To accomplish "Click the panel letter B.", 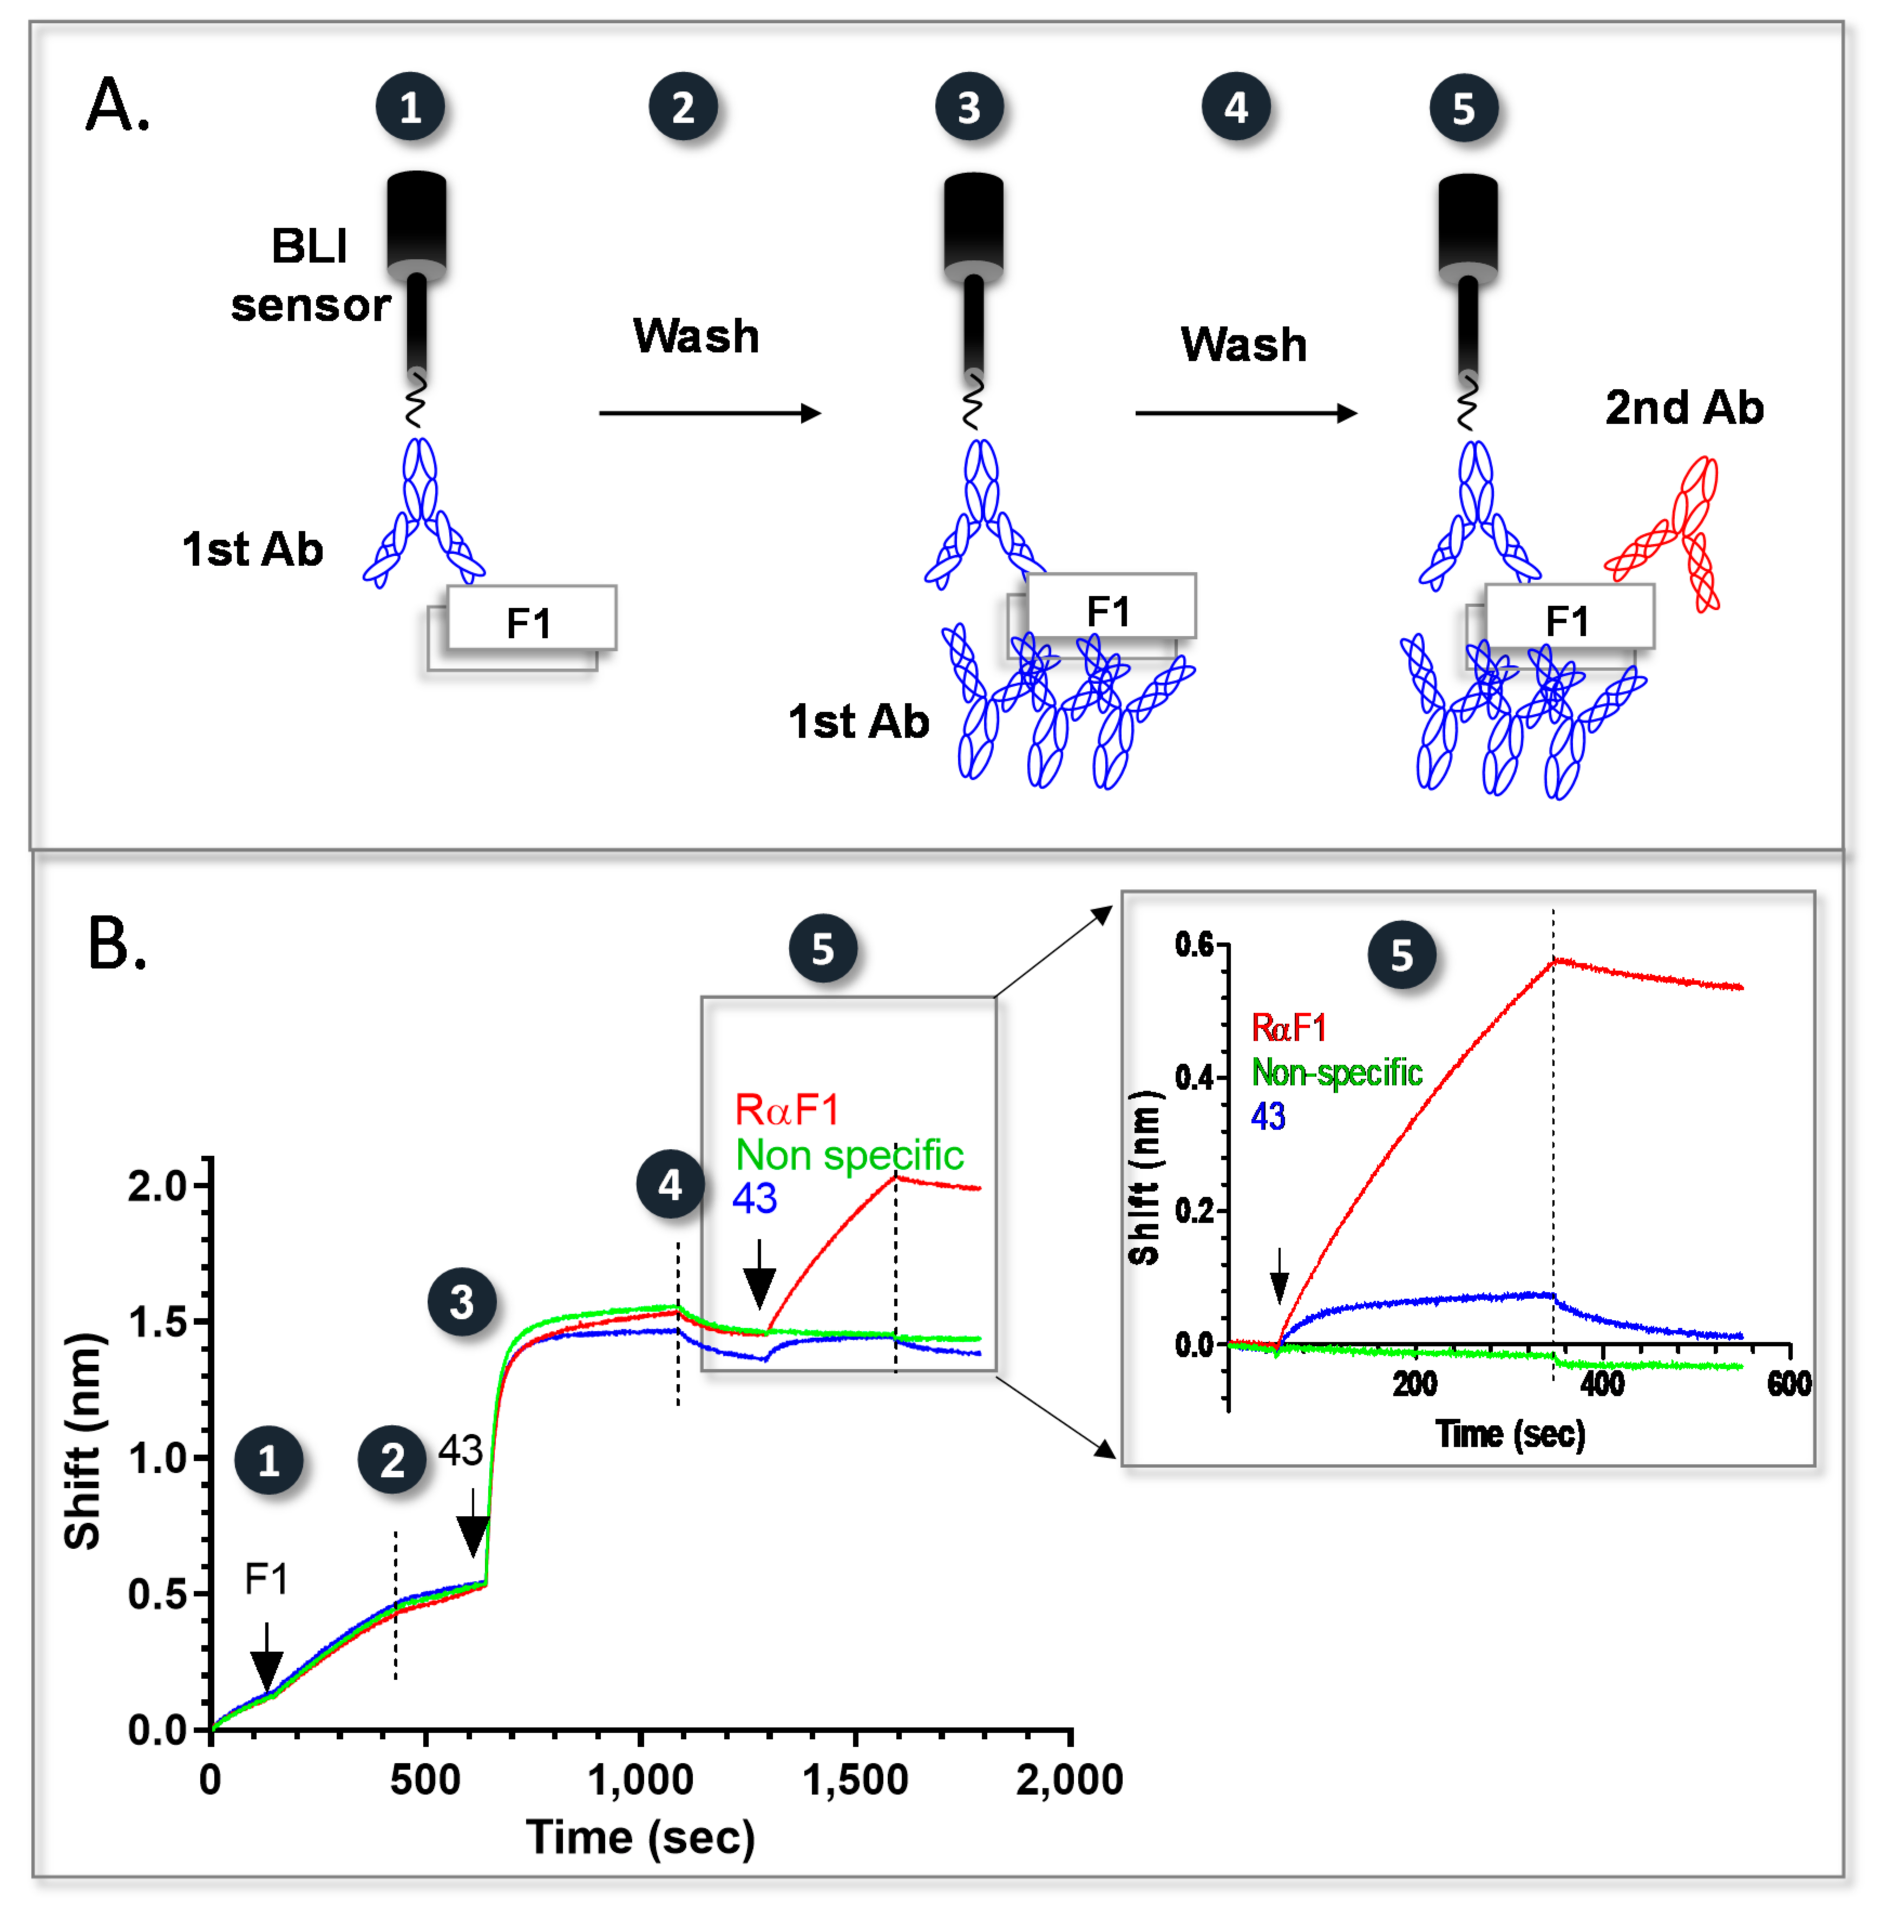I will coord(116,944).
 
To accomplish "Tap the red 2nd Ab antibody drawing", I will coord(1673,538).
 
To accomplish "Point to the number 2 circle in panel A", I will coord(682,107).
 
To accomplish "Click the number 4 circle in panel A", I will coord(1235,107).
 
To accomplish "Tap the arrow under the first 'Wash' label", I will coord(710,413).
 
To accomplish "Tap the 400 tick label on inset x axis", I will coord(1602,1384).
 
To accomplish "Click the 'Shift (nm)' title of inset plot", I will coord(1144,1179).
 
